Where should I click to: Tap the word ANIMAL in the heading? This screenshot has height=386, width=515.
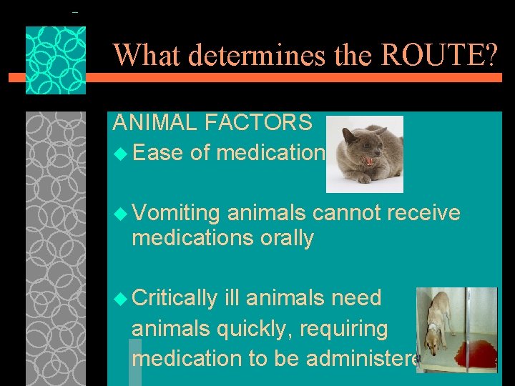click(x=154, y=122)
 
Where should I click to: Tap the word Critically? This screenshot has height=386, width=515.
click(x=175, y=298)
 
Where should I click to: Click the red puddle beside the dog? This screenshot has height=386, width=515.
click(x=475, y=353)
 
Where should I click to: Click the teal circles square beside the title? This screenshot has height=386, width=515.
click(x=56, y=61)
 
